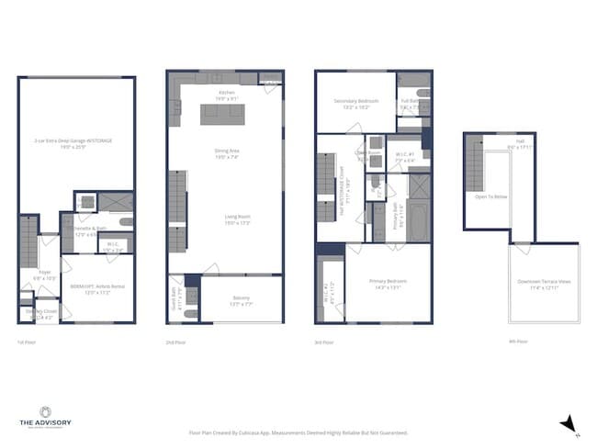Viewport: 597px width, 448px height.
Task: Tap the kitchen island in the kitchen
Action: point(224,113)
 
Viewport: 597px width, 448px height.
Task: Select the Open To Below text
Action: point(491,196)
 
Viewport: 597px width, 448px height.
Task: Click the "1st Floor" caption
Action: point(26,342)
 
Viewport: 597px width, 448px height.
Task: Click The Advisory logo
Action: point(44,419)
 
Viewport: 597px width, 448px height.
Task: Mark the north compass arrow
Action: point(568,422)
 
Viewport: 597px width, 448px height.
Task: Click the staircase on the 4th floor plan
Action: point(476,162)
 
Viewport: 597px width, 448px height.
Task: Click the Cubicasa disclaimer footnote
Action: point(298,431)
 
